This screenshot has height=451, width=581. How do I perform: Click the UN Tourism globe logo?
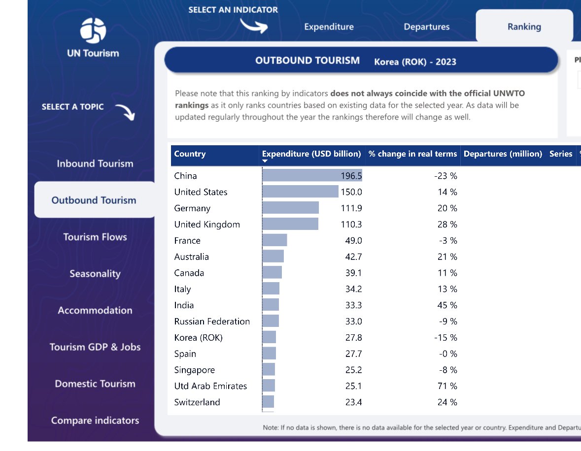(x=93, y=31)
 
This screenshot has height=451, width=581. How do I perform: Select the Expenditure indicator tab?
(x=329, y=27)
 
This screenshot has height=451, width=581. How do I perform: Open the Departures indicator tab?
(x=426, y=27)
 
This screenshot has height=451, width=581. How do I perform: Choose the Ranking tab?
(x=524, y=27)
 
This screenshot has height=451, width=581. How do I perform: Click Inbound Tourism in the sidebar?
(x=95, y=163)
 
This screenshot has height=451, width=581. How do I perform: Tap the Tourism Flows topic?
(x=95, y=237)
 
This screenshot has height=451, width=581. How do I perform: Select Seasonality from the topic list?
(x=95, y=274)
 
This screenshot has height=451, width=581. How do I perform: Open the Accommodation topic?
(x=95, y=310)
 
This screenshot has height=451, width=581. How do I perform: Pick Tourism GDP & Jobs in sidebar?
(x=95, y=347)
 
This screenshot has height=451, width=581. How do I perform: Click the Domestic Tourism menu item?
(x=95, y=384)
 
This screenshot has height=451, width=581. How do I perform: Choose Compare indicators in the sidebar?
(x=95, y=420)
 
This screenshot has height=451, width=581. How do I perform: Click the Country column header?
(x=190, y=154)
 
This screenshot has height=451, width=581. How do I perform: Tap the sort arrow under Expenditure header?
(x=265, y=161)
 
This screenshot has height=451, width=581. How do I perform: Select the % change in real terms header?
(x=412, y=154)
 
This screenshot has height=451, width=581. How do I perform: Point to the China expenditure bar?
(x=301, y=176)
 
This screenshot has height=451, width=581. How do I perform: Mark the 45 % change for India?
(x=447, y=305)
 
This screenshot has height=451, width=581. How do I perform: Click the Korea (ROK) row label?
(x=198, y=338)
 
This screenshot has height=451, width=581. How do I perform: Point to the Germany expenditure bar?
(x=290, y=208)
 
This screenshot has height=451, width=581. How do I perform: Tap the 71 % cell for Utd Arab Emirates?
(x=447, y=386)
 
